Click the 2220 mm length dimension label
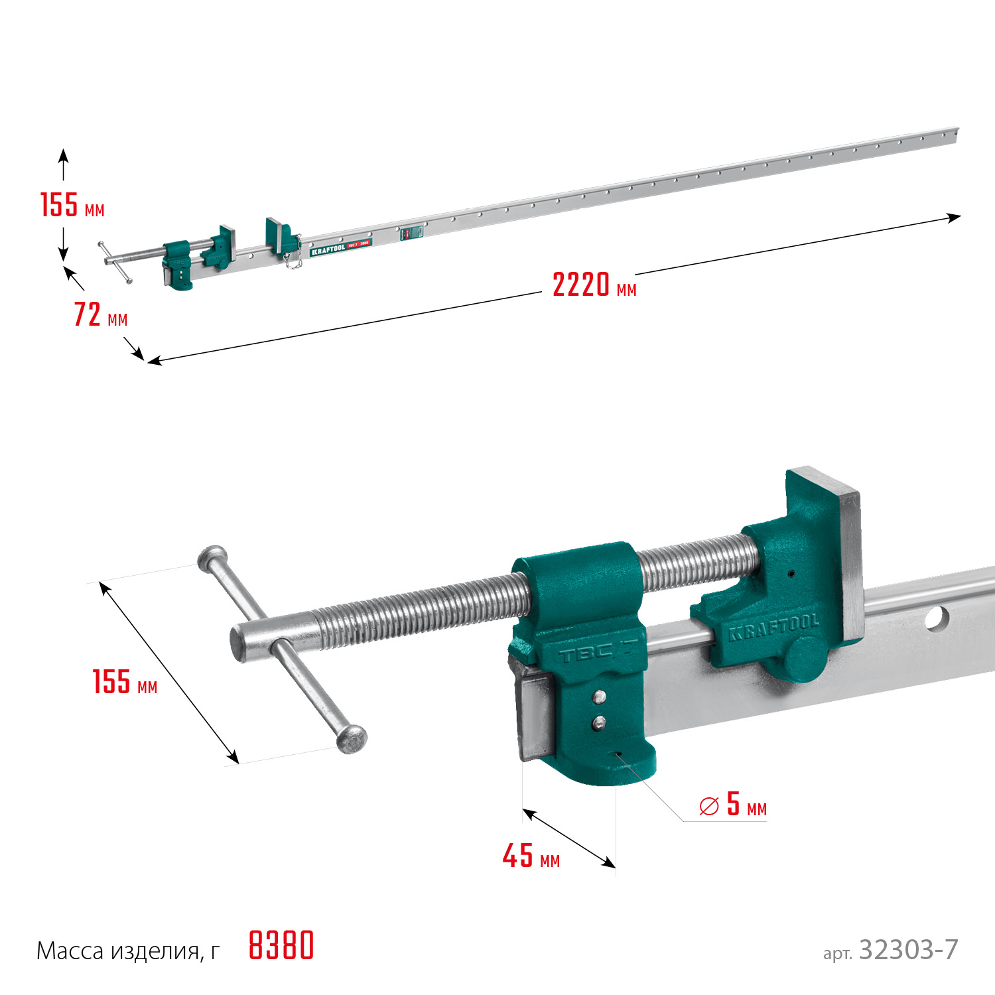point(594,285)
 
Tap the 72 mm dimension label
point(101,314)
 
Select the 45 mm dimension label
point(531,856)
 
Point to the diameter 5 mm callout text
point(733,805)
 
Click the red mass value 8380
point(281,945)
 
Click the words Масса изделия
point(118,951)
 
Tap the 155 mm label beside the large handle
point(125,682)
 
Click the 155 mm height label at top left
point(72,205)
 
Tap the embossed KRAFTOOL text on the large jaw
point(773,628)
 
